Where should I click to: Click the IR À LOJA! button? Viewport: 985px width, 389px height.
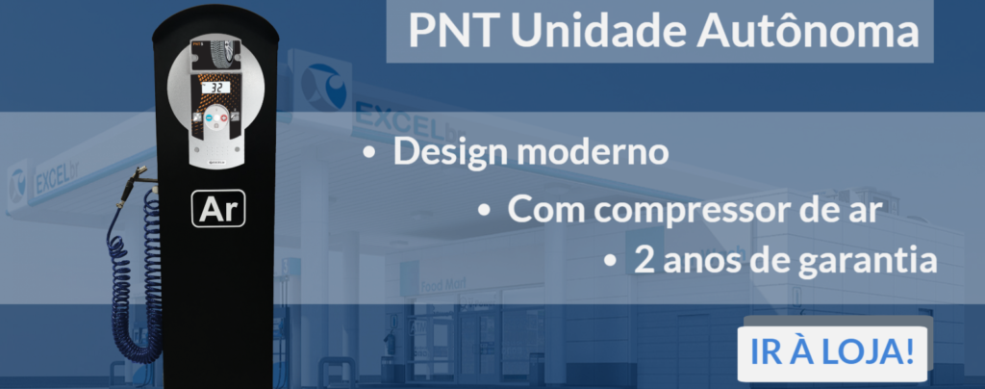coord(832,353)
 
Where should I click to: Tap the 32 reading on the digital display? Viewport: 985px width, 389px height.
coord(215,88)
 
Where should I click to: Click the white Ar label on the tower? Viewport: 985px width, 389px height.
coord(218,209)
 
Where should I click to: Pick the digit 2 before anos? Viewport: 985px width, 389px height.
coord(642,260)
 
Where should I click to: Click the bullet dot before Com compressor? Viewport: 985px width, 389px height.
coord(483,211)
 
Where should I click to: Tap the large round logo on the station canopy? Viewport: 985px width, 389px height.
coord(323,86)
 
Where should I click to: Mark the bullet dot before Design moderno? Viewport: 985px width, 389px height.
coord(369,154)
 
